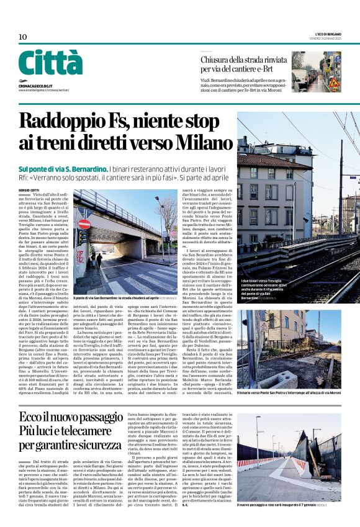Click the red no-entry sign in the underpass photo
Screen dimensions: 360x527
coord(84,223)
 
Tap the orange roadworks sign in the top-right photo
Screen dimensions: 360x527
coord(333,82)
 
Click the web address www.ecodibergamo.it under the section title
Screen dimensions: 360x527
coord(43,88)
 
